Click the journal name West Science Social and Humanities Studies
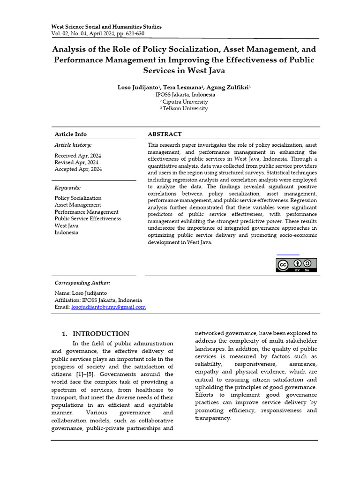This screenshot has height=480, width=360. (106, 27)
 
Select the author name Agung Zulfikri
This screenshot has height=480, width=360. (230, 87)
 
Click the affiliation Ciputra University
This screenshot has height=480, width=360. (185, 102)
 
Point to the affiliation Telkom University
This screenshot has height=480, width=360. (185, 109)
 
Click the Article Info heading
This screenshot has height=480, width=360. (71, 134)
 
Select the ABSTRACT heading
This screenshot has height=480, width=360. (165, 134)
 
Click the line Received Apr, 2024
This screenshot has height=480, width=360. (78, 156)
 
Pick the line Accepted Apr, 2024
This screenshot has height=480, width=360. (78, 169)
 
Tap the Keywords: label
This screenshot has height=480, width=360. (68, 187)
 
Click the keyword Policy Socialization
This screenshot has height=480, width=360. (78, 198)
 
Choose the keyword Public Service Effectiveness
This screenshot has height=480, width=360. (88, 218)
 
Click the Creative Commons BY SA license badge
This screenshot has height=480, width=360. (296, 265)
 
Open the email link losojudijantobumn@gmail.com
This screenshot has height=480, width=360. (108, 307)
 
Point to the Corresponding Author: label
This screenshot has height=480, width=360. (82, 283)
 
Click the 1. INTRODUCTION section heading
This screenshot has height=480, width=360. (96, 334)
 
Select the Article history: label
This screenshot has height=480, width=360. (73, 145)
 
